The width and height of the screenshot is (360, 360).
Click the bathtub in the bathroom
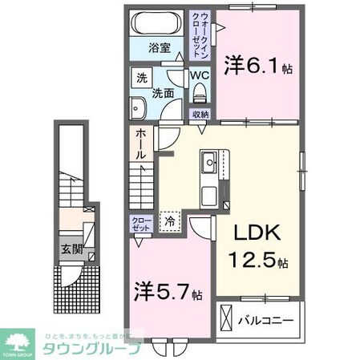click(x=157, y=22)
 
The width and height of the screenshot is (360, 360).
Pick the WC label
click(x=199, y=77)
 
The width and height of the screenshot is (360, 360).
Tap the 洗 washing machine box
click(x=142, y=79)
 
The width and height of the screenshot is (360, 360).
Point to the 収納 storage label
click(x=200, y=115)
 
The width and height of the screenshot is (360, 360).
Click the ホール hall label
click(x=140, y=144)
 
